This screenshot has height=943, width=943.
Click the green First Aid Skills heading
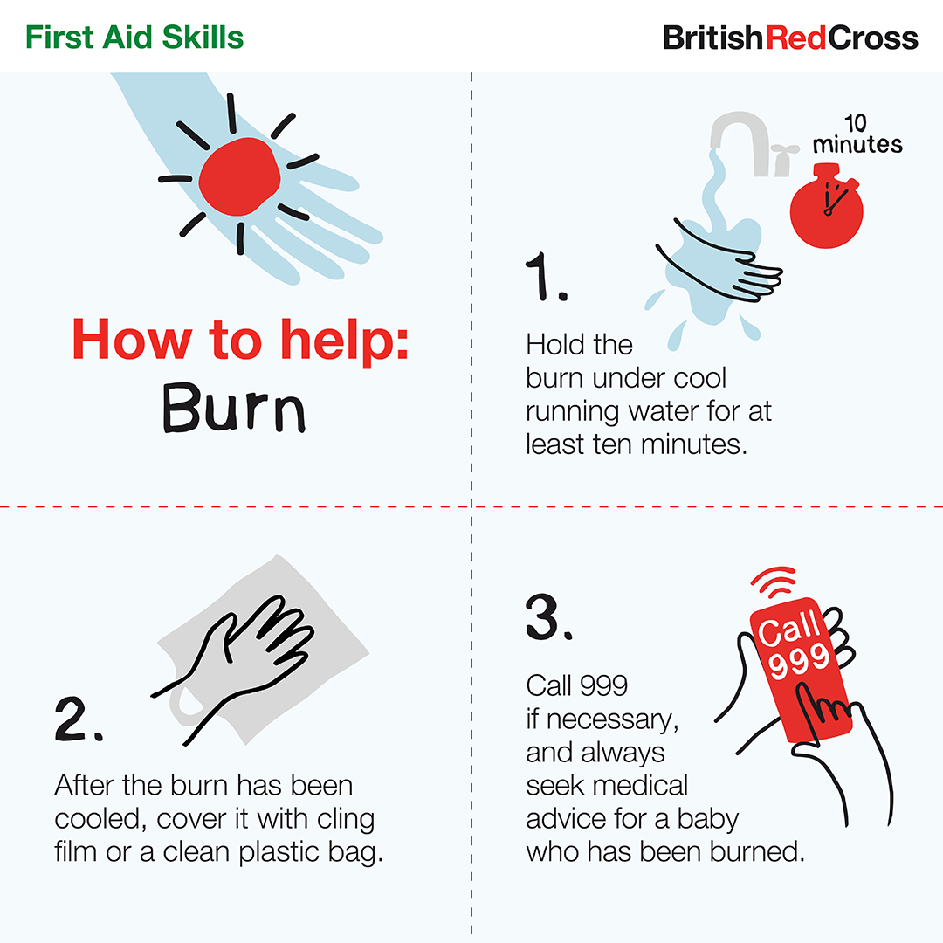[134, 38]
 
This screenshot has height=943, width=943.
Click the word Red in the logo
[795, 38]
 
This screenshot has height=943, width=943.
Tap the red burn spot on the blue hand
[239, 176]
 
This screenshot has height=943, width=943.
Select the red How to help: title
[240, 340]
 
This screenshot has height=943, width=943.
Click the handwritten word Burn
[234, 408]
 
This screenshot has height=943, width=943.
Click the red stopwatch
[826, 205]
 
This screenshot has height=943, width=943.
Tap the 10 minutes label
[857, 134]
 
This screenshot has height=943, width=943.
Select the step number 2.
[79, 719]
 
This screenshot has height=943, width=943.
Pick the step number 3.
[548, 617]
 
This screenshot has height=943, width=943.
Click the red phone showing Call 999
[801, 669]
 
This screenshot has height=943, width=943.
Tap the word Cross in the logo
[872, 38]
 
